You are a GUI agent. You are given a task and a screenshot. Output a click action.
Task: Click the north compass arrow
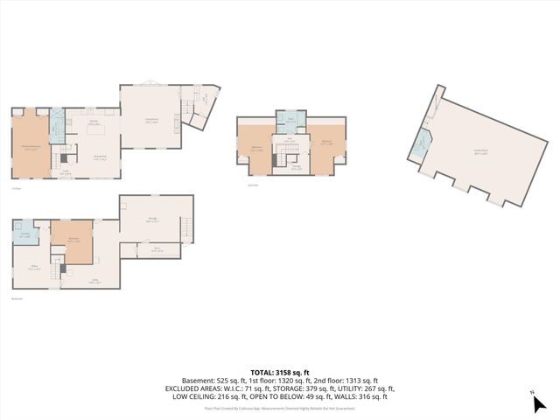click(x=535, y=403)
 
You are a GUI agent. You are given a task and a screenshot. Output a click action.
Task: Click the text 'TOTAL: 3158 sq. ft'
click(x=279, y=372)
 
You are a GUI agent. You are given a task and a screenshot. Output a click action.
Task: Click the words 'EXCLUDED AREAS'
click(x=191, y=388)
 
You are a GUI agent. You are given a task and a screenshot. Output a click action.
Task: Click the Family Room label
click(x=479, y=150)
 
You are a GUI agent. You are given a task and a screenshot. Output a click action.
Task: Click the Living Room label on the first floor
click(x=150, y=121)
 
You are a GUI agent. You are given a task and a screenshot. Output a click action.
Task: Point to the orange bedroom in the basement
click(x=70, y=241)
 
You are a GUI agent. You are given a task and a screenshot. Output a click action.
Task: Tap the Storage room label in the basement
click(x=152, y=220)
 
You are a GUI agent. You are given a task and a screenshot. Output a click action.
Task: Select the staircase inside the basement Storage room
click(x=185, y=230)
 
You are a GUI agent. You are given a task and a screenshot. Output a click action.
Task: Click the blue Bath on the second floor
click(x=290, y=122)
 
